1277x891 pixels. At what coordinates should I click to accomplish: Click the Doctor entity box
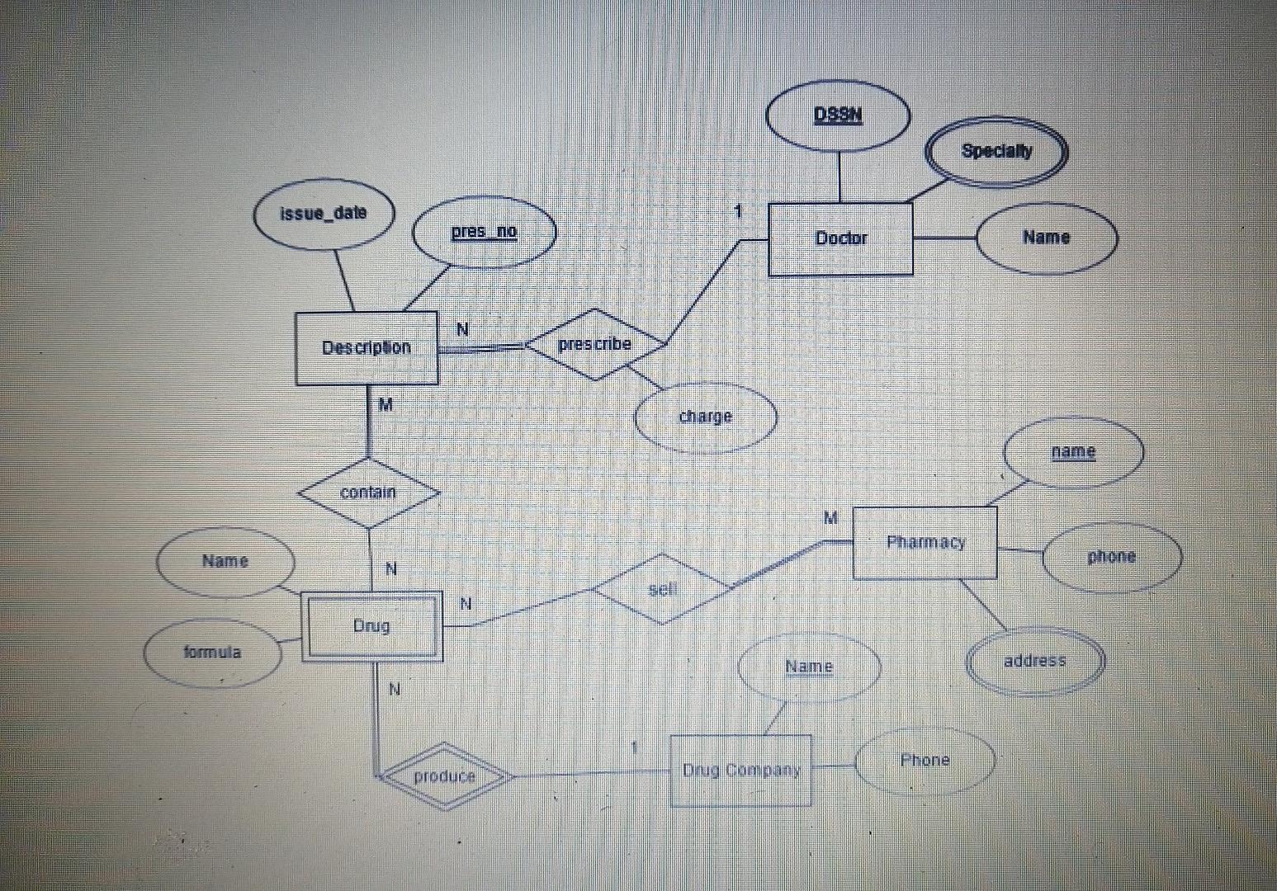pos(840,239)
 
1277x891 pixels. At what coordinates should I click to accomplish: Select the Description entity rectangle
pos(367,348)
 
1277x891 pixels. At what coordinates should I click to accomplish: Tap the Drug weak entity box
pos(371,626)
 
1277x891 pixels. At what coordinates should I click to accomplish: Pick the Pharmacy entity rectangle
pos(925,543)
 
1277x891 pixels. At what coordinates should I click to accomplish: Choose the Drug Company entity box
pos(740,771)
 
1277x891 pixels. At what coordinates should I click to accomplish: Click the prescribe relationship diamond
pos(594,345)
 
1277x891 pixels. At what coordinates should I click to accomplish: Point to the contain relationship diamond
pos(368,493)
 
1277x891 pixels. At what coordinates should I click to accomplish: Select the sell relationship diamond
pos(662,589)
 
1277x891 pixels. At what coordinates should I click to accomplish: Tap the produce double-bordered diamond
pos(444,776)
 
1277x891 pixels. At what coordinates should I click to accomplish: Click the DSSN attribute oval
pos(838,115)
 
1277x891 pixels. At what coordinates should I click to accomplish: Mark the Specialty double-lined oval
pos(996,152)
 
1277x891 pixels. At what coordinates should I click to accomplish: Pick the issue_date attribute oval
pos(324,214)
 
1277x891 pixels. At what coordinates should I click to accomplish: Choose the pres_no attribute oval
pos(484,232)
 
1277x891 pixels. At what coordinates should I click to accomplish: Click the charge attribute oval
pos(705,417)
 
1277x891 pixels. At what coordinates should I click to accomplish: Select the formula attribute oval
pos(212,653)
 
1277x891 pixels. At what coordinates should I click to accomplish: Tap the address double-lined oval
pos(1034,661)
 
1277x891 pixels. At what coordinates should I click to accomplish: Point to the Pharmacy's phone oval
pos(1111,557)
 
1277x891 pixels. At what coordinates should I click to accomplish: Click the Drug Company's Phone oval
pos(924,761)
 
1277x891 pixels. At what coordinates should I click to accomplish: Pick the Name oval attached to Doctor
pos(1046,238)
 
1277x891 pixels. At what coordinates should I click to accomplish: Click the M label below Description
pos(385,405)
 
